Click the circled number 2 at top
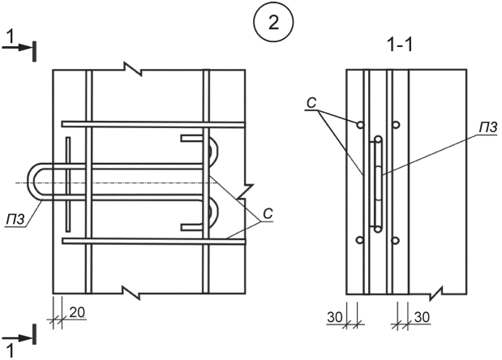point(273,23)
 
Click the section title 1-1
point(400,46)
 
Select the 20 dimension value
point(77,312)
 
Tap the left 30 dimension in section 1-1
point(335,317)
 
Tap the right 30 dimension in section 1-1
point(422,317)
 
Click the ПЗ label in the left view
point(15,221)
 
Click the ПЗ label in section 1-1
point(488,127)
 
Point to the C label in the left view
point(268,214)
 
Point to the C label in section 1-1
point(311,103)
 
